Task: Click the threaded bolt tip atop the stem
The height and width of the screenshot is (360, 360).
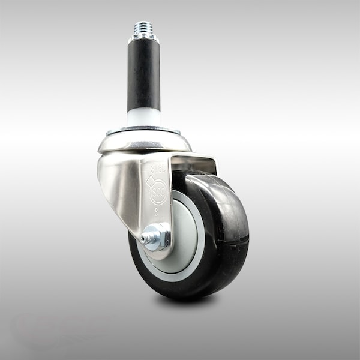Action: pyautogui.click(x=143, y=28)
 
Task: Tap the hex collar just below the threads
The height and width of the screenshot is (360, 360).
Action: pyautogui.click(x=143, y=38)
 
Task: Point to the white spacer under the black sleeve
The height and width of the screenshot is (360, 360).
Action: pyautogui.click(x=143, y=117)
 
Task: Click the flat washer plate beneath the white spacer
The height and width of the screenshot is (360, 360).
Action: pyautogui.click(x=143, y=130)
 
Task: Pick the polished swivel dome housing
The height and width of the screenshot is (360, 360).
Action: pyautogui.click(x=143, y=142)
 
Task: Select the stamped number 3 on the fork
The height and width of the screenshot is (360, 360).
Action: pyautogui.click(x=158, y=211)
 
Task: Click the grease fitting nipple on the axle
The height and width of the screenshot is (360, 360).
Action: pyautogui.click(x=145, y=239)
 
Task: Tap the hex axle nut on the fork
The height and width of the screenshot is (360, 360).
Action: pyautogui.click(x=158, y=236)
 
